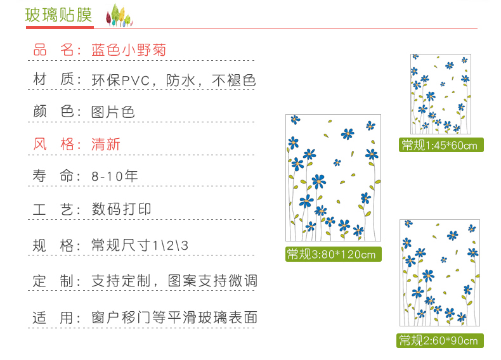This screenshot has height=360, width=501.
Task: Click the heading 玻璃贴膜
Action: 59,15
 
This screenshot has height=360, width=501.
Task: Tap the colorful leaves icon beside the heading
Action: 119,15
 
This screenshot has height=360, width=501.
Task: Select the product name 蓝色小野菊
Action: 129,50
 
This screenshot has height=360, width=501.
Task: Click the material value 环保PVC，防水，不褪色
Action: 173,80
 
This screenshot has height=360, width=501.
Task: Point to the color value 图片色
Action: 113,112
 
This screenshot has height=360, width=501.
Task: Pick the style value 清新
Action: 106,145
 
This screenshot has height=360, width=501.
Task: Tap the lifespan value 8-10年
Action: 114,176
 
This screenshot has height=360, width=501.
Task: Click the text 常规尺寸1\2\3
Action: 140,245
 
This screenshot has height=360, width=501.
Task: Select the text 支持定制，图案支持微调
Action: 174,281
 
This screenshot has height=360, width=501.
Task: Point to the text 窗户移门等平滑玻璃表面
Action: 174,318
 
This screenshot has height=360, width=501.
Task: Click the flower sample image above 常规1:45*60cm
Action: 440,94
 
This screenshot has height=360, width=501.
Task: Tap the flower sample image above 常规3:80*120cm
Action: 333,177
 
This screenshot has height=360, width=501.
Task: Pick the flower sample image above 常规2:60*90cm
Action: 439,273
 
